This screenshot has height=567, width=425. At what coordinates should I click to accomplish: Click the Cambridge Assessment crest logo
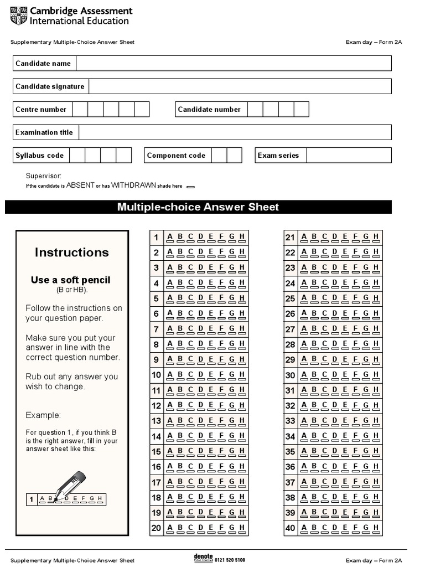click(x=18, y=16)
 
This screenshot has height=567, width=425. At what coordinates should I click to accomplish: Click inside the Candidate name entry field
click(x=233, y=64)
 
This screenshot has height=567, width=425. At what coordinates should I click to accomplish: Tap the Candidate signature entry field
click(x=240, y=86)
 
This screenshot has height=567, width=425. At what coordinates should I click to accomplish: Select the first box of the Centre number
click(x=80, y=110)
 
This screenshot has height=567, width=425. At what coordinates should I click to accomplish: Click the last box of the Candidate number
click(x=301, y=110)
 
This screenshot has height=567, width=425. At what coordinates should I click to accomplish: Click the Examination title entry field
click(x=235, y=132)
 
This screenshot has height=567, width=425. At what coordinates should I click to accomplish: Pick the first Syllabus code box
click(x=77, y=156)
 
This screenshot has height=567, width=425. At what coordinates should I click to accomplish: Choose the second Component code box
click(x=235, y=156)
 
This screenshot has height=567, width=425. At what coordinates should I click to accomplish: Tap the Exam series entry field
click(x=349, y=156)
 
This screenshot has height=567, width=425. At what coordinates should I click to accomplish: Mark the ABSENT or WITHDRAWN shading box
click(x=191, y=187)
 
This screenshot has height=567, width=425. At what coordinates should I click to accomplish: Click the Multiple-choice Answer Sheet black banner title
click(x=198, y=207)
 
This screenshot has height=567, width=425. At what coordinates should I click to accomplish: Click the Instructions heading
click(x=72, y=252)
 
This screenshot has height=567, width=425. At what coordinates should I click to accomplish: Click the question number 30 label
click(x=291, y=375)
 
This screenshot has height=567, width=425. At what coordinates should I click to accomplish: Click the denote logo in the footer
click(x=203, y=558)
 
